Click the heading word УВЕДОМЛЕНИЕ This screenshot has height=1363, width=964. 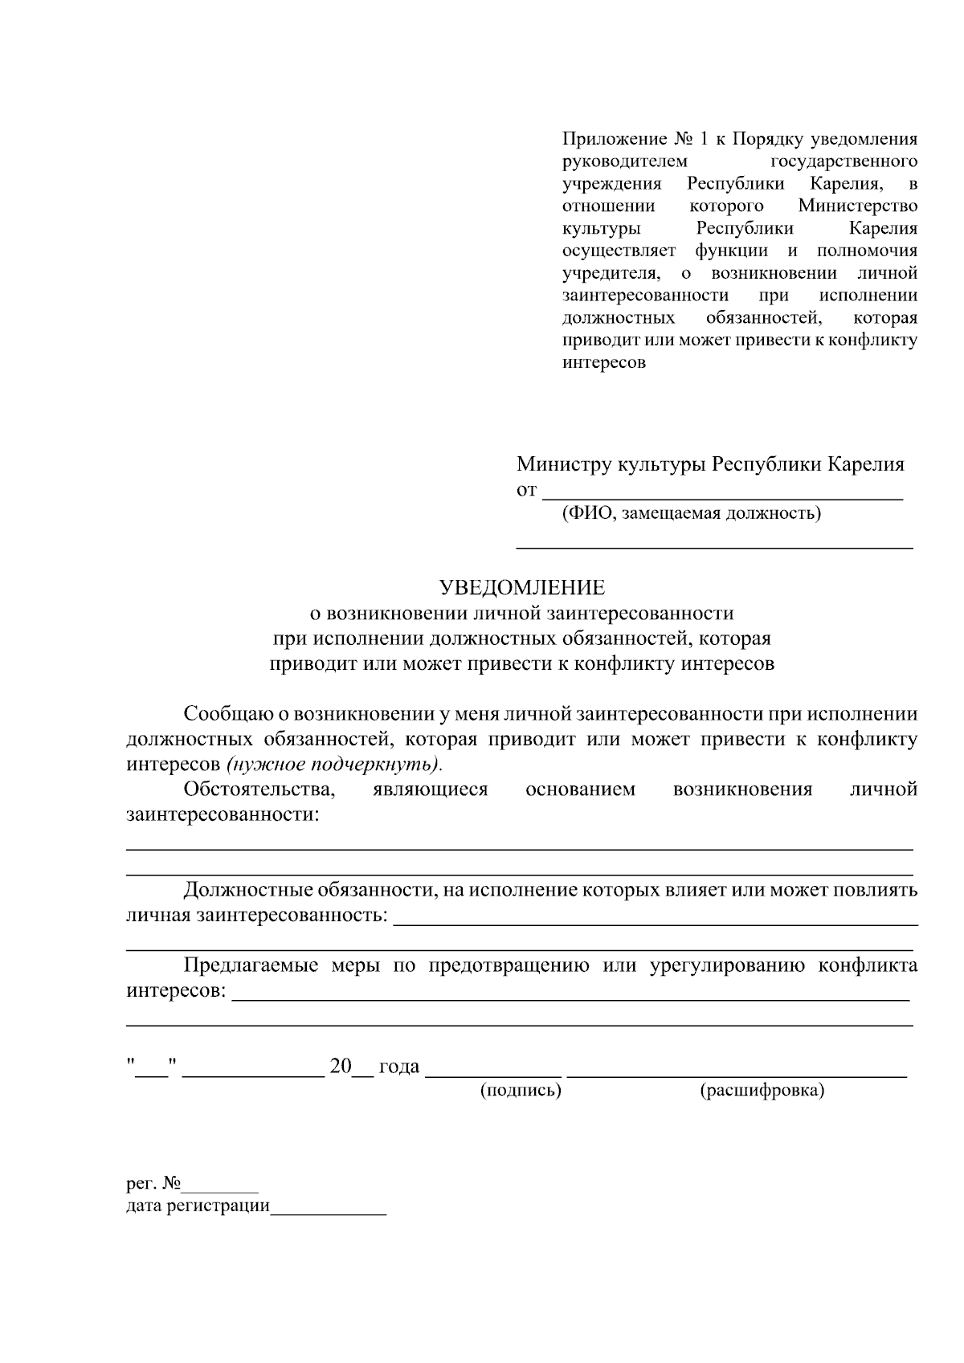[x=521, y=588]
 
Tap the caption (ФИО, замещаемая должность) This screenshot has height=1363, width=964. [x=691, y=513]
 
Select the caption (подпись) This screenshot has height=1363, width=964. [x=520, y=1091]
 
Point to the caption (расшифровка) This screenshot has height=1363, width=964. [x=762, y=1091]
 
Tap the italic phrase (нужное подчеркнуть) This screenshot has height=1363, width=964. [x=334, y=763]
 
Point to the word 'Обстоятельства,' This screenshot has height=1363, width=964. [x=259, y=789]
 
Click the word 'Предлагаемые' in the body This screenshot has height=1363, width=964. [x=250, y=965]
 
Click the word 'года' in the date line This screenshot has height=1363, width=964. [x=399, y=1067]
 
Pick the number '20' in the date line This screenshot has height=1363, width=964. [x=341, y=1067]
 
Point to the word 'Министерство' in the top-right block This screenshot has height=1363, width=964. [x=857, y=206]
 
